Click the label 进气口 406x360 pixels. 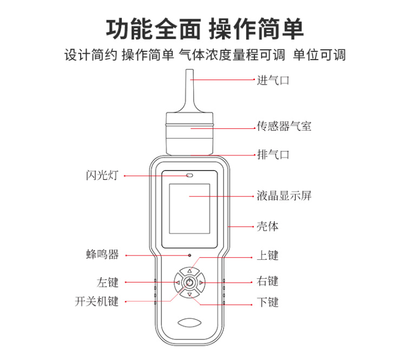coord(273,80)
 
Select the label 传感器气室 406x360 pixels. coord(284,126)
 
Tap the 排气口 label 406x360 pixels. coord(273,155)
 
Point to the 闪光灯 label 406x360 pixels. coord(102,175)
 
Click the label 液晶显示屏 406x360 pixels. coord(284,196)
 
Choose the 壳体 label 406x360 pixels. coord(267,226)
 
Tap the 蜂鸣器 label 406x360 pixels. coord(102,254)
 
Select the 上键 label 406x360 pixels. coord(267,256)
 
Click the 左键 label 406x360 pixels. coord(108,282)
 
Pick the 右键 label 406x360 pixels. coord(267,281)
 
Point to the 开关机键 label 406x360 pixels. coord(96,302)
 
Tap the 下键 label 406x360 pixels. coord(267,302)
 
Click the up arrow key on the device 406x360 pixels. coord(190,271)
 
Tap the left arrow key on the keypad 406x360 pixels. coord(178,283)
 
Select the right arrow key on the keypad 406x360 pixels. coord(201,283)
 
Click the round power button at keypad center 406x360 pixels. coord(190,283)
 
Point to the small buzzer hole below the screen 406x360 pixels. coord(189,256)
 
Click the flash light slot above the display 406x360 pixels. coord(189,175)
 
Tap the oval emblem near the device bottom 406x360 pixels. coord(189,323)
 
